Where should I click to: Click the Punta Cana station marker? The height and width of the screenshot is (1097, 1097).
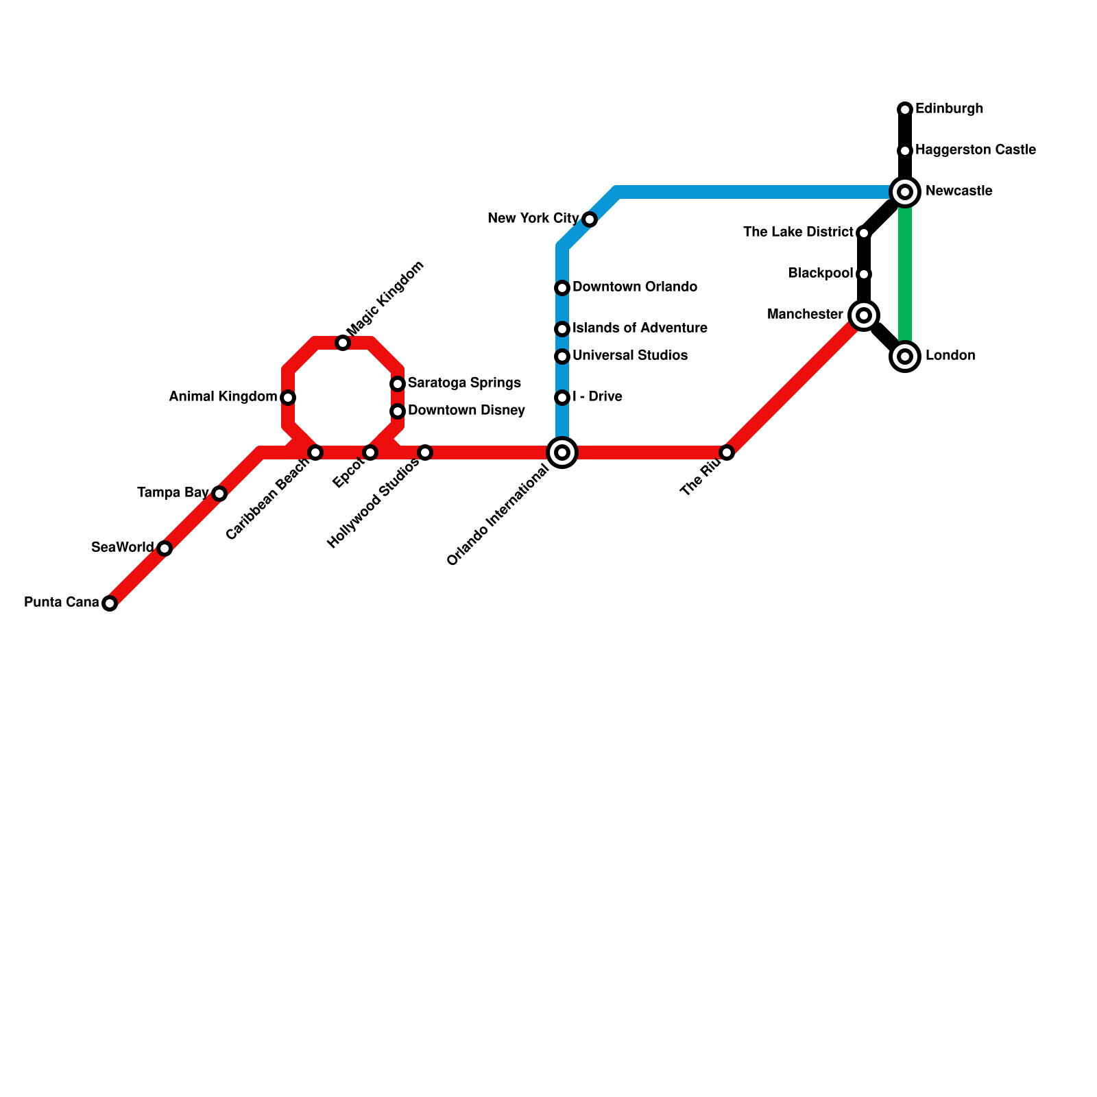[110, 603]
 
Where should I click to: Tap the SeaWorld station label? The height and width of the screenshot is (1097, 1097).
[123, 547]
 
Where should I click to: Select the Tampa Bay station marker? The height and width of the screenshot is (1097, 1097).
[219, 494]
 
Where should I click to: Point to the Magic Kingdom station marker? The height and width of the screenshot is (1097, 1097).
[343, 343]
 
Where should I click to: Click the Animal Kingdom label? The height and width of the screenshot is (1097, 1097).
[223, 396]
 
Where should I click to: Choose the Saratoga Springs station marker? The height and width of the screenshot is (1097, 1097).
[398, 384]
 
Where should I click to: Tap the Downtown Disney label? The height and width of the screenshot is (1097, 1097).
[466, 411]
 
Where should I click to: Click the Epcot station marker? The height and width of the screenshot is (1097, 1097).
[370, 453]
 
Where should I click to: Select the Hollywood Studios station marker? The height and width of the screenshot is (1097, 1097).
[425, 453]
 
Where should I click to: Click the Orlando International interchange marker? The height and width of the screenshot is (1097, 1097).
[562, 453]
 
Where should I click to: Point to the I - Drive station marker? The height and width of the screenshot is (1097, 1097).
[562, 398]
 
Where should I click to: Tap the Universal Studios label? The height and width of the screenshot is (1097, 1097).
[629, 356]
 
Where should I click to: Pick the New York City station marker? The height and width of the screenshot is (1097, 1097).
[590, 219]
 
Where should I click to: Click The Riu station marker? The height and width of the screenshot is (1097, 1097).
[727, 453]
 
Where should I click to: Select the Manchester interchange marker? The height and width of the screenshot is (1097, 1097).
[864, 315]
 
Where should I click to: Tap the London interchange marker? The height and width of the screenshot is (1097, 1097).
[905, 357]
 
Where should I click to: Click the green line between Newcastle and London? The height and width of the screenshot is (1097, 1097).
[905, 274]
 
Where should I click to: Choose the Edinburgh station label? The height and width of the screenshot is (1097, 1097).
[949, 109]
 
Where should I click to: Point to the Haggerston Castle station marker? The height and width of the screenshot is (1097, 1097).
[905, 151]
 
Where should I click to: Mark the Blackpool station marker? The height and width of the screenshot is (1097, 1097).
[864, 274]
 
